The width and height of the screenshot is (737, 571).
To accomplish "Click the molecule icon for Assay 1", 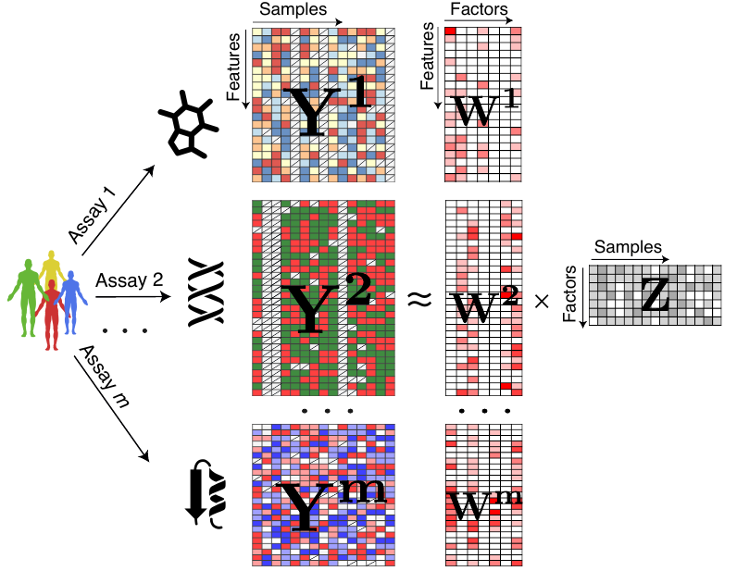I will [x=189, y=122].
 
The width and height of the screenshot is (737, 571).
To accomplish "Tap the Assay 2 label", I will [x=123, y=279].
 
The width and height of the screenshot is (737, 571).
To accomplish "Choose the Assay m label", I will [x=104, y=370].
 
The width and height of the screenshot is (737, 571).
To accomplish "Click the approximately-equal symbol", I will [x=419, y=298].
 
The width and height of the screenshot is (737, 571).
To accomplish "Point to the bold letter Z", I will [x=654, y=293].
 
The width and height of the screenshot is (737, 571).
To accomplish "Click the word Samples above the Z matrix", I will [x=628, y=247].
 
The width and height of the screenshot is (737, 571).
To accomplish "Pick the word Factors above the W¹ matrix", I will [x=476, y=10].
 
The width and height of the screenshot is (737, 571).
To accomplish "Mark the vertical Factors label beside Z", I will [x=570, y=294].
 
